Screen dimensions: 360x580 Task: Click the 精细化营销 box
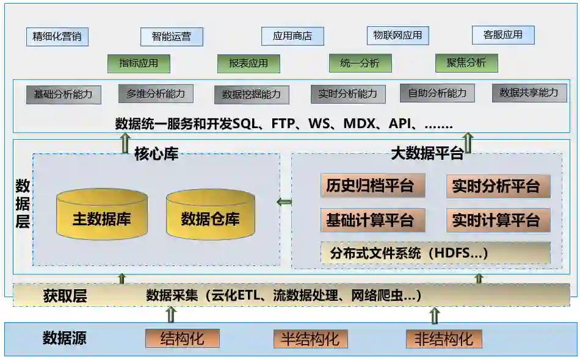[x=57, y=37]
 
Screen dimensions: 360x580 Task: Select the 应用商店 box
[x=292, y=36]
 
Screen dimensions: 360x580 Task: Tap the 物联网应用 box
[x=397, y=35]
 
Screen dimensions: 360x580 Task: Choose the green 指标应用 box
[x=139, y=63]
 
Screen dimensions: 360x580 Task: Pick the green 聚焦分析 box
[x=466, y=63]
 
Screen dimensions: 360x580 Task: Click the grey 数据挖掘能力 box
[x=252, y=95]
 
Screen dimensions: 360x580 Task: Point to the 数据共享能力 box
[x=529, y=93]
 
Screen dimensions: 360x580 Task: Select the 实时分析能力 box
[x=348, y=94]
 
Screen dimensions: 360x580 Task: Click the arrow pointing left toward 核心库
[x=285, y=202]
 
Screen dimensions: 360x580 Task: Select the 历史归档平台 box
[x=372, y=186]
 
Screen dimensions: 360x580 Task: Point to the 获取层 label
[x=65, y=297]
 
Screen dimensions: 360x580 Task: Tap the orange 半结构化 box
[x=310, y=339]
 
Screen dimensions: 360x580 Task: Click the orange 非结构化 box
[x=444, y=339]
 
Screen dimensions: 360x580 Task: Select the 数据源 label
[x=64, y=338]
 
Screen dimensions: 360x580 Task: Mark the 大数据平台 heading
[x=427, y=154]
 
